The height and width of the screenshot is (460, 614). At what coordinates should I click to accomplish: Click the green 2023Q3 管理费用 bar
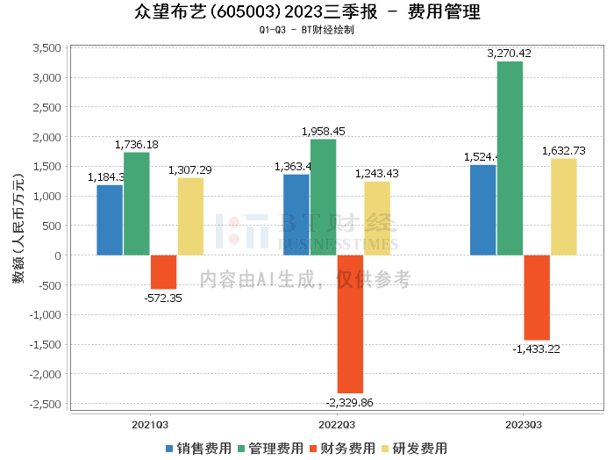(510, 158)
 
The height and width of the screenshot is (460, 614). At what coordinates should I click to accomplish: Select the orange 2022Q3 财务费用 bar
(350, 324)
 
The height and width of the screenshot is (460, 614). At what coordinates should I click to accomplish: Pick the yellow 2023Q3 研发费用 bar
(564, 207)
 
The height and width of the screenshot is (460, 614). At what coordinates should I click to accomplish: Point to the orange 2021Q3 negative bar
(163, 272)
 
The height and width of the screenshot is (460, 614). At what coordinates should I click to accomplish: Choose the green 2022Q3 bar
(323, 198)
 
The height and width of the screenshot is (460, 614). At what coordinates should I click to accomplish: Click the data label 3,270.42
(510, 54)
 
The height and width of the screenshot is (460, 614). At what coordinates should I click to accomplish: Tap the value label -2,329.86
(349, 402)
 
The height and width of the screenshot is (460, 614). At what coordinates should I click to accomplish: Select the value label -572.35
(163, 298)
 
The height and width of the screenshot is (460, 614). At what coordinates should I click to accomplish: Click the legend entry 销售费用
(199, 448)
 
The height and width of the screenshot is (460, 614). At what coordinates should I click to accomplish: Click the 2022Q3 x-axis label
(336, 424)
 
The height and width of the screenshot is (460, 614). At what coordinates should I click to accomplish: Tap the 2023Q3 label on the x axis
(523, 424)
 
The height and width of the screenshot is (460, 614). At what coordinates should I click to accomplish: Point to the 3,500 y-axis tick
(46, 48)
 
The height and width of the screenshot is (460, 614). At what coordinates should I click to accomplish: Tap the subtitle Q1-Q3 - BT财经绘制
(306, 30)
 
